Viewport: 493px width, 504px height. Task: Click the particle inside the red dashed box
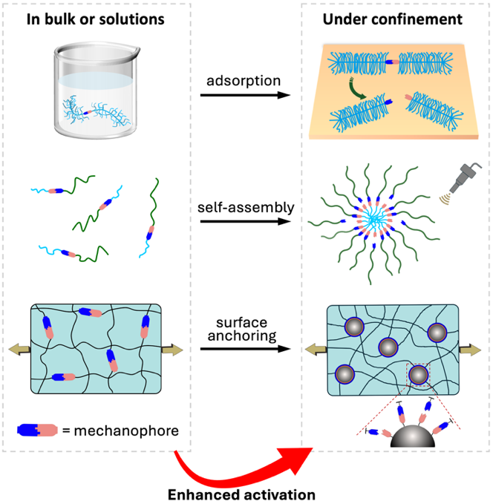point(418,376)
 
